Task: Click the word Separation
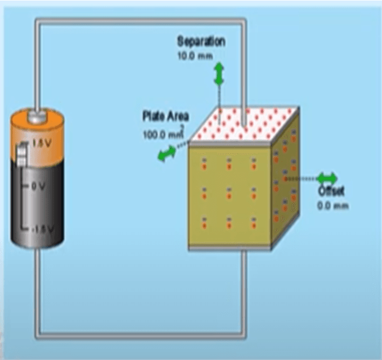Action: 201,42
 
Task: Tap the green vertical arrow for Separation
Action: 219,73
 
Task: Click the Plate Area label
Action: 166,116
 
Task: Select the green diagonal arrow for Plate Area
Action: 166,154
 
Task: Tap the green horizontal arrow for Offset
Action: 327,179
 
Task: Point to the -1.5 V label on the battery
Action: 40,228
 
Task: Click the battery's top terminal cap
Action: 37,114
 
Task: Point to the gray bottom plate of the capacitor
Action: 229,247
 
